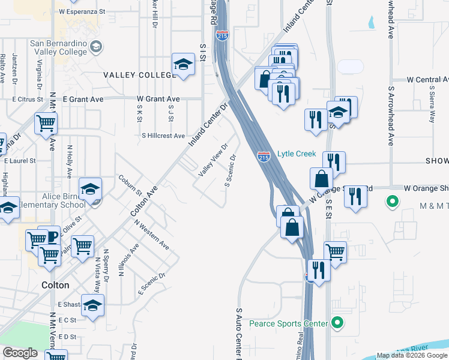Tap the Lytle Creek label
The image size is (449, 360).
pos(297,154)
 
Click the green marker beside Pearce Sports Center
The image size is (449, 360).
pos(337,324)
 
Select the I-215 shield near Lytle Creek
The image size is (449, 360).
pos(264,157)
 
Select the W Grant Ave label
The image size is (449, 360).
pos(158,99)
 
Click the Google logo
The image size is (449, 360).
pos(20,353)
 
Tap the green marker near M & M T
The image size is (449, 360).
pos(393,202)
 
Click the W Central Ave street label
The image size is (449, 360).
pos(427,79)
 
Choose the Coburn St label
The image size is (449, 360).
pos(129,185)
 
